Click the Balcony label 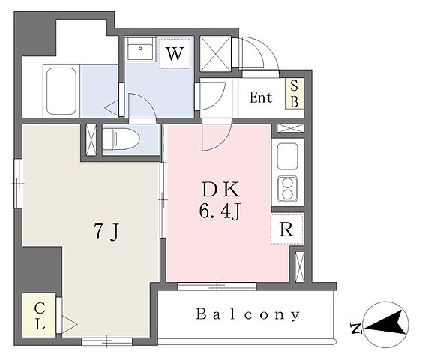247,314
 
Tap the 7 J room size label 106,232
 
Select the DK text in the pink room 220,190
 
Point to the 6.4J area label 220,211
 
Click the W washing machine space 175,53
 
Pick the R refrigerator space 287,229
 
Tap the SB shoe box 295,94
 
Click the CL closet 39,315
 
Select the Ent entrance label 261,97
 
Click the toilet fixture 121,139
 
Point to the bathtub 61,91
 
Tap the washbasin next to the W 140,49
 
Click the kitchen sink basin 287,157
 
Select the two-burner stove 287,189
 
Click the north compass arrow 385,323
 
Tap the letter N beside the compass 356,328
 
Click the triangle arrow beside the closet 70,325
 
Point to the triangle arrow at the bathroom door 112,108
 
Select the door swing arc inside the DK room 217,136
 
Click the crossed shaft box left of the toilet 91,139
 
